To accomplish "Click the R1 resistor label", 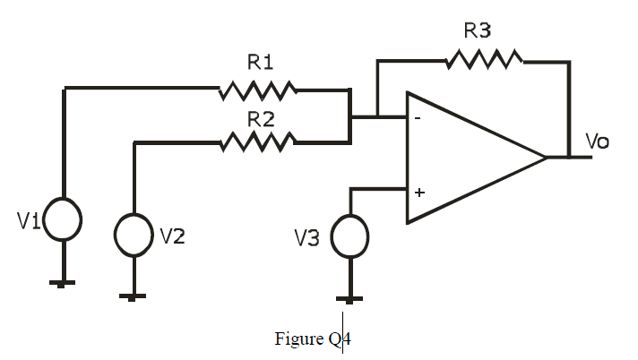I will (x=260, y=63).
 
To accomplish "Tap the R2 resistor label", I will (x=261, y=117).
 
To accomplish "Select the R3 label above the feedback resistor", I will (x=478, y=31).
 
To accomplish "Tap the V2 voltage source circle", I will (x=134, y=236).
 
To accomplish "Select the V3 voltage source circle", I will (x=349, y=236).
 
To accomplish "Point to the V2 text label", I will (x=173, y=236).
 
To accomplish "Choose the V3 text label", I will (x=308, y=238).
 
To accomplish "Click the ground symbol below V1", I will (x=63, y=282).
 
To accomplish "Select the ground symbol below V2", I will (x=134, y=296).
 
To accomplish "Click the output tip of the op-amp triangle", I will (x=545, y=158).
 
